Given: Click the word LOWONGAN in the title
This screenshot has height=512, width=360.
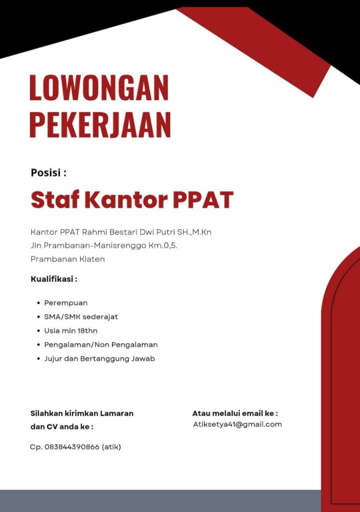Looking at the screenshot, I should [x=99, y=88].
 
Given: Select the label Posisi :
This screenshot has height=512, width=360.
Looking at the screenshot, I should [x=48, y=173].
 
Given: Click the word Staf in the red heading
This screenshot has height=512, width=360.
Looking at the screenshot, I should [x=54, y=199].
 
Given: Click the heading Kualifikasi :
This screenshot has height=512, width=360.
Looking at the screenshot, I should [x=54, y=279].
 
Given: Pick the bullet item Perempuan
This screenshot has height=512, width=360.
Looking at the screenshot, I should [x=65, y=303].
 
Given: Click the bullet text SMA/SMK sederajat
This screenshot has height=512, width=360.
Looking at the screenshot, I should [x=81, y=317].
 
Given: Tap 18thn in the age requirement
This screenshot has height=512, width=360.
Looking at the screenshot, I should [x=87, y=330].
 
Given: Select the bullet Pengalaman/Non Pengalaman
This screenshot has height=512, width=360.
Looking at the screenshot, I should [x=100, y=344].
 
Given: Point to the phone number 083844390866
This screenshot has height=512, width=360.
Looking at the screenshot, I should [x=71, y=446].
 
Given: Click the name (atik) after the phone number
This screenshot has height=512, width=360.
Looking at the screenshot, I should [x=111, y=446].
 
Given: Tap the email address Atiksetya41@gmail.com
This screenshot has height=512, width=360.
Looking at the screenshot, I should [x=237, y=424].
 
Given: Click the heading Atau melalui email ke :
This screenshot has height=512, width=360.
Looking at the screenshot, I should [x=235, y=413].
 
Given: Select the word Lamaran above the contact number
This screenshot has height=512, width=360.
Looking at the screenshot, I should [x=116, y=413].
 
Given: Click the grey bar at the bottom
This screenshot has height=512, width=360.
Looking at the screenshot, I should [x=160, y=501].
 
